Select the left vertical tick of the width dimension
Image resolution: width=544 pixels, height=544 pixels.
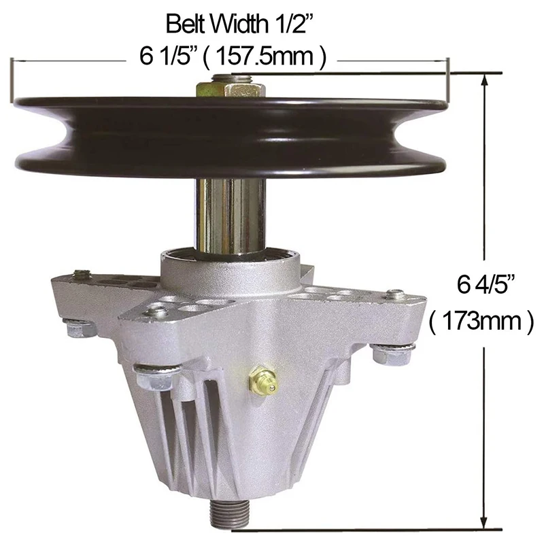pyautogui.click(x=12, y=78)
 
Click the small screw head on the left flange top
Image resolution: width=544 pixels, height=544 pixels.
pyautogui.click(x=82, y=275)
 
